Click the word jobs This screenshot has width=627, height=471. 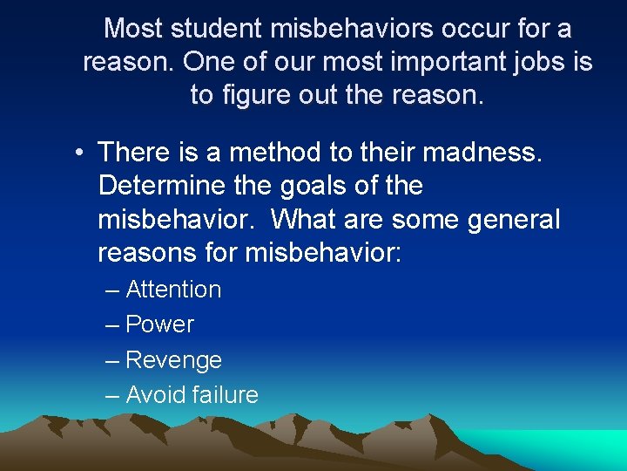(x=532, y=63)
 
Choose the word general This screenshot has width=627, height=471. (x=513, y=219)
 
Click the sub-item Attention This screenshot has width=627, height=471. (x=173, y=290)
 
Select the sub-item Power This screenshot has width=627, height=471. (x=159, y=324)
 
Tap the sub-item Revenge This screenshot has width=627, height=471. (x=173, y=360)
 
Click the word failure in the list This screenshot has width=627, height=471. (x=225, y=395)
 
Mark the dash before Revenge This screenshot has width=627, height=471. (x=111, y=360)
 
